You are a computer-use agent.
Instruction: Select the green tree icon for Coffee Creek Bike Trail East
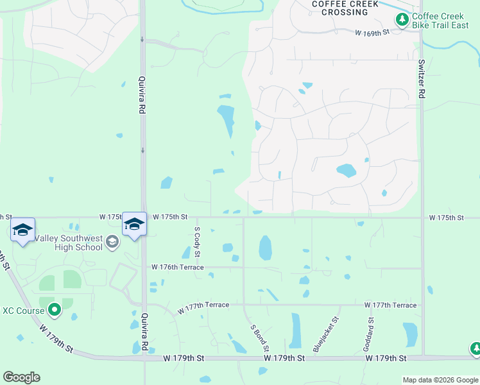coord(402,21)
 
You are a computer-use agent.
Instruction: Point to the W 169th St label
coord(373,31)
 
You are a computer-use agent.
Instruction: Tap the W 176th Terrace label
coord(178,267)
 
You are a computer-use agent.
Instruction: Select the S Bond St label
coord(259,338)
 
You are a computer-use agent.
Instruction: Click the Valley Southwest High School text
coord(69,243)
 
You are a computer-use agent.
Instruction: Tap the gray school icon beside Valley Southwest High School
coord(112,241)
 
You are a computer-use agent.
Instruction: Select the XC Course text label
coord(23,311)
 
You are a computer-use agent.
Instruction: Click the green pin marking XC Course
coord(55,311)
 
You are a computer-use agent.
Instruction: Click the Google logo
coord(21,377)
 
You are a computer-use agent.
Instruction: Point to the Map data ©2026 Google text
coord(440,380)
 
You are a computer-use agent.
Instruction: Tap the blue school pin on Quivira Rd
coord(134,225)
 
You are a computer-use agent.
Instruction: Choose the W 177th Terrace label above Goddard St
coord(390,305)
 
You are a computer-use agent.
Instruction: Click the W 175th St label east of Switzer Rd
coord(447,218)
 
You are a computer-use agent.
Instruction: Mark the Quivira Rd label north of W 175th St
coord(142,96)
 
